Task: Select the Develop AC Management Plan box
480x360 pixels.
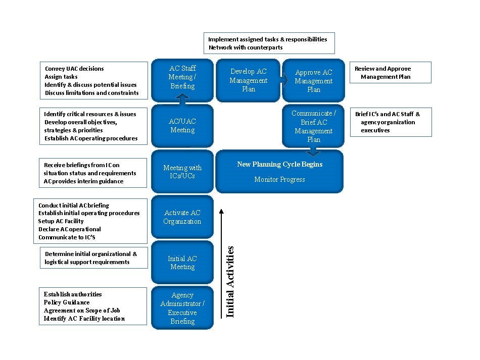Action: (x=248, y=80)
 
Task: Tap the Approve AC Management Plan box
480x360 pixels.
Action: (x=313, y=81)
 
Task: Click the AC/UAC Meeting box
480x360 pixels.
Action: (x=182, y=126)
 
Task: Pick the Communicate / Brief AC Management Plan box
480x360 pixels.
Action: (x=313, y=126)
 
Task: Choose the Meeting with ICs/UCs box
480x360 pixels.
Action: (x=182, y=172)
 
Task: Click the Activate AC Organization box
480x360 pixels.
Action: (x=182, y=217)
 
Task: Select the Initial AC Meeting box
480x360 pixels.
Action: (x=182, y=263)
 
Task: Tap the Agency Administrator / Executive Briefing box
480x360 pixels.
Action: (x=182, y=308)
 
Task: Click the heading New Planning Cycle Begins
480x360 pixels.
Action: (x=279, y=164)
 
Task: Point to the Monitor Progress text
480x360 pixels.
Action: (x=279, y=179)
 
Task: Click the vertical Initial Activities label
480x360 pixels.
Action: (x=230, y=281)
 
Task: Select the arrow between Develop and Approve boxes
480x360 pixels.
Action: (x=285, y=80)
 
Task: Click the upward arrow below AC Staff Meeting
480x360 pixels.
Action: (x=183, y=99)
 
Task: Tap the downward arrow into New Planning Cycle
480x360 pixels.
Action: (x=313, y=151)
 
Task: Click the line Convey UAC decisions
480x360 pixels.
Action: (x=74, y=69)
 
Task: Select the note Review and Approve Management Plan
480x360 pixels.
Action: (x=383, y=73)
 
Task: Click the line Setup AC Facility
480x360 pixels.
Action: (x=61, y=221)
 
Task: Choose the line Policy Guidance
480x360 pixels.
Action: (x=66, y=302)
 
